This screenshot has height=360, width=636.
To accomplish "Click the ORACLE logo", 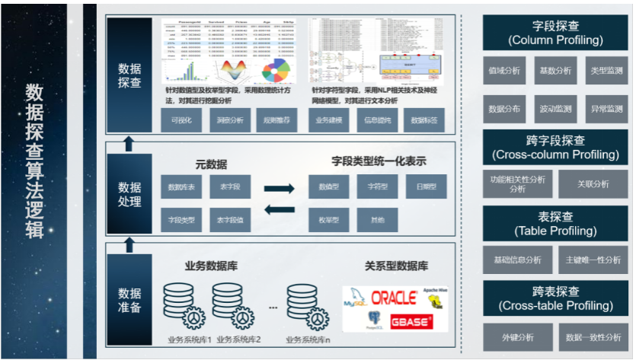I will pos(393,298).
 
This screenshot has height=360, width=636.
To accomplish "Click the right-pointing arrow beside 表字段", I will pos(278,187).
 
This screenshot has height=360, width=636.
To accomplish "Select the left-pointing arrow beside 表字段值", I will pos(278,210).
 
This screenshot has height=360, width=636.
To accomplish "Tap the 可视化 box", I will pos(181,119).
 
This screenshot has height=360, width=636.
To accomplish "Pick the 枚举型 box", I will pos(329,220).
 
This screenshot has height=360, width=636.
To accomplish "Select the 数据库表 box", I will pos(181,186).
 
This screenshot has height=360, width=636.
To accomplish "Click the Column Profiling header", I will pos(555,33).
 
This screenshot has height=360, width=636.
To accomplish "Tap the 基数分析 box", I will pos(555,70).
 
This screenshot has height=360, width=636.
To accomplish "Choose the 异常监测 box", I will pos(606,109).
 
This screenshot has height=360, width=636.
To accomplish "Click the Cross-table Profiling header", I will pos(555,298).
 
